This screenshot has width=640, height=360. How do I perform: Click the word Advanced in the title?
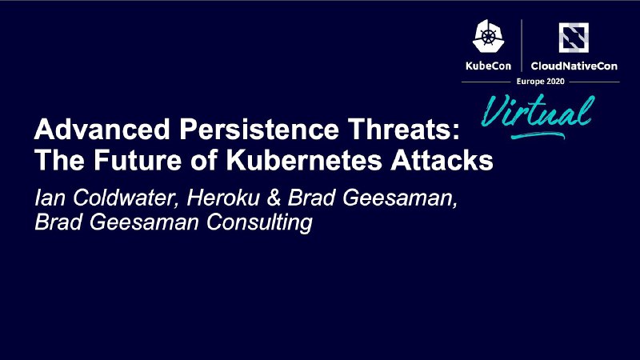point(102,130)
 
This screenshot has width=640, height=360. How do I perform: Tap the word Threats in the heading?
point(400,130)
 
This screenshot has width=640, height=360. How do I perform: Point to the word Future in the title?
point(138,160)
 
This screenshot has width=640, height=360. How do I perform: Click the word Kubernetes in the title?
point(304,160)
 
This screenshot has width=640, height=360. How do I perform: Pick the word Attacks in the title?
point(442,160)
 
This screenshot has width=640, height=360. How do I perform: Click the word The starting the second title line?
point(59,160)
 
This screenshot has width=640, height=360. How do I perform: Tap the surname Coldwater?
point(126,198)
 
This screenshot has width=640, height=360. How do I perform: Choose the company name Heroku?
point(223,198)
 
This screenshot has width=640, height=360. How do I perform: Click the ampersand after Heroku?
point(274,198)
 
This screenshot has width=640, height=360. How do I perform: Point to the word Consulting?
point(259,223)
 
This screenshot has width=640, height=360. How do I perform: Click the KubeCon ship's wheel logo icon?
point(488,36)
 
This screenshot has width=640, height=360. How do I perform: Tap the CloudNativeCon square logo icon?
point(574,38)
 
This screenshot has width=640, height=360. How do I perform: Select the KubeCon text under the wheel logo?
point(488,66)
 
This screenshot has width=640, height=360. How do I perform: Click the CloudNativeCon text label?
point(574,66)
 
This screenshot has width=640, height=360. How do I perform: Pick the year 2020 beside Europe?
point(555,82)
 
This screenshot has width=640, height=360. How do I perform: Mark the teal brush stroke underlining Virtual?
point(538,135)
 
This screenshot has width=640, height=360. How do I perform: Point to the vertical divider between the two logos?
point(522,46)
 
